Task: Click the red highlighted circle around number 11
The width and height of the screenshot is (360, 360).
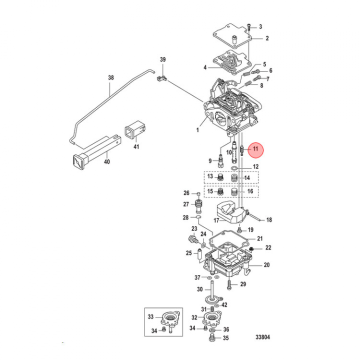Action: point(255,149)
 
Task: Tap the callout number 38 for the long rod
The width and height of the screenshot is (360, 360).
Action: point(111,78)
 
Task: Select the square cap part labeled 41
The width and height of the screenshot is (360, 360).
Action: point(134,131)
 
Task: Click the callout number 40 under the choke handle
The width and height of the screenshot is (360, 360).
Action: point(106,162)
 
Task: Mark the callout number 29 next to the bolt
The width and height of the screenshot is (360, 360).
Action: point(243,284)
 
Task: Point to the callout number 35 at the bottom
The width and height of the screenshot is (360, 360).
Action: point(225,338)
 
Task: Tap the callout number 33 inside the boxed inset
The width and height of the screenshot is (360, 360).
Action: point(151,317)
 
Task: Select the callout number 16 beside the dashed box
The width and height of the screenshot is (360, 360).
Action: point(250,191)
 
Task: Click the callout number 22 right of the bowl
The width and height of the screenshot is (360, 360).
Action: point(268,247)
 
